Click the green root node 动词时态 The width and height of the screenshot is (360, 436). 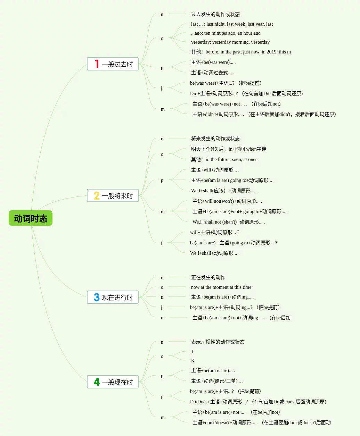(x=31, y=218)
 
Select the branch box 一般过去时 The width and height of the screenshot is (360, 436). (x=113, y=64)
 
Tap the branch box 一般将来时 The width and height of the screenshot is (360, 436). (x=113, y=195)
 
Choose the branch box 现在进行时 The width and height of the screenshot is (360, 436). (x=113, y=297)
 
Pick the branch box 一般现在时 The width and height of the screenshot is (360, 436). (x=113, y=382)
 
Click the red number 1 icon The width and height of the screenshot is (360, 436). (x=97, y=64)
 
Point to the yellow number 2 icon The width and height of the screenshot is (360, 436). (x=97, y=195)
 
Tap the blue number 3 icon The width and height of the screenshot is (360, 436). (x=97, y=297)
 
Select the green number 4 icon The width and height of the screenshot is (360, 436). (x=97, y=382)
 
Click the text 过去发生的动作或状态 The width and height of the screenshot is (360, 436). (x=215, y=14)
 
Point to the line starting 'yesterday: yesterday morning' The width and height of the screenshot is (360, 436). (x=230, y=42)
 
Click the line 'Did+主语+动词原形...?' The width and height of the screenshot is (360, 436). (x=246, y=93)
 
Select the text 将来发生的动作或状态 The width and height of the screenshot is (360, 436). (x=215, y=139)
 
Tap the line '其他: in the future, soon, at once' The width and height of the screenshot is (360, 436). (x=224, y=159)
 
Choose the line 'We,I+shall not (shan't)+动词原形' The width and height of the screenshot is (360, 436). (x=228, y=222)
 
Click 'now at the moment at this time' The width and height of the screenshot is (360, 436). (x=221, y=287)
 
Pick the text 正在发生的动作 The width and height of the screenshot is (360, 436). (x=208, y=277)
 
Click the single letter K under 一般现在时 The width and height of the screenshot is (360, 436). (x=193, y=361)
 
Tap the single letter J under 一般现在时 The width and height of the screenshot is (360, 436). (x=192, y=352)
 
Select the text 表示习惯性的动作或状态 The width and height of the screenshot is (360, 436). (x=218, y=342)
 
